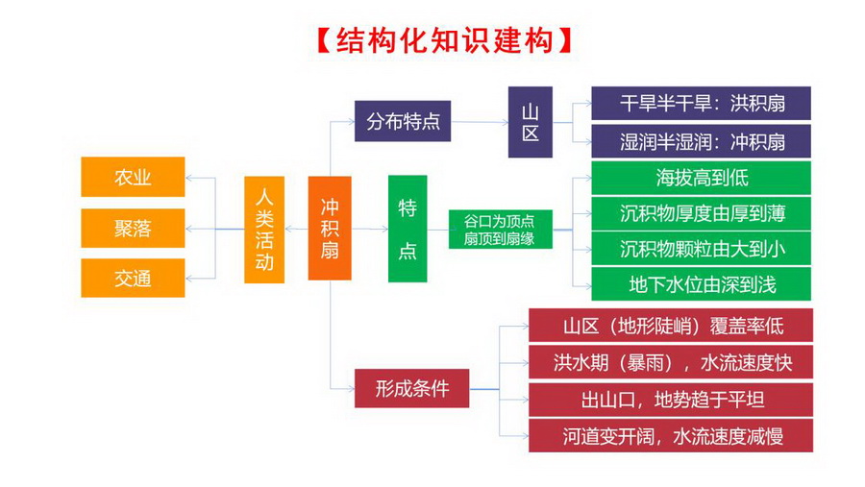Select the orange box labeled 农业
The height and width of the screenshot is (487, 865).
pyautogui.click(x=133, y=178)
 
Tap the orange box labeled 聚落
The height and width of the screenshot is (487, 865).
pyautogui.click(x=133, y=229)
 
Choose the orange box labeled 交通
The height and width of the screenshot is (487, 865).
pyautogui.click(x=133, y=279)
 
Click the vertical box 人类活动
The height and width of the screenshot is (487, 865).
pyautogui.click(x=264, y=230)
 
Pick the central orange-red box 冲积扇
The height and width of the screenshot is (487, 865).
pyautogui.click(x=330, y=229)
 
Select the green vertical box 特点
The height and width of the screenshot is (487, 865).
pyautogui.click(x=408, y=229)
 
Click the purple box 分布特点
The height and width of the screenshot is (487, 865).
pyautogui.click(x=403, y=121)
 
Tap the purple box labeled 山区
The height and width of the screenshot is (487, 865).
pyautogui.click(x=531, y=122)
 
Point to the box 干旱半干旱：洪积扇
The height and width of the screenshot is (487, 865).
pyautogui.click(x=701, y=103)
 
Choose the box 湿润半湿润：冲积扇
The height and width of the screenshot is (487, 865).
pyautogui.click(x=701, y=142)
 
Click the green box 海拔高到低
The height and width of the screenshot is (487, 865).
pyautogui.click(x=701, y=178)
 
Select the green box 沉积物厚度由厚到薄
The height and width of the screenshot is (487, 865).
pyautogui.click(x=701, y=212)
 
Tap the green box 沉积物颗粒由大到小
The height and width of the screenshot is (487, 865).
pyautogui.click(x=701, y=248)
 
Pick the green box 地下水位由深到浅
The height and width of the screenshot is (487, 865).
pyautogui.click(x=701, y=284)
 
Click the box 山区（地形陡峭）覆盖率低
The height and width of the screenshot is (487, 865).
pyautogui.click(x=671, y=326)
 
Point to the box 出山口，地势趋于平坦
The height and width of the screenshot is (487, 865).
pyautogui.click(x=671, y=399)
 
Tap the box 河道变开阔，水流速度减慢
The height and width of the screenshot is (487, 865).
pyautogui.click(x=671, y=435)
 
